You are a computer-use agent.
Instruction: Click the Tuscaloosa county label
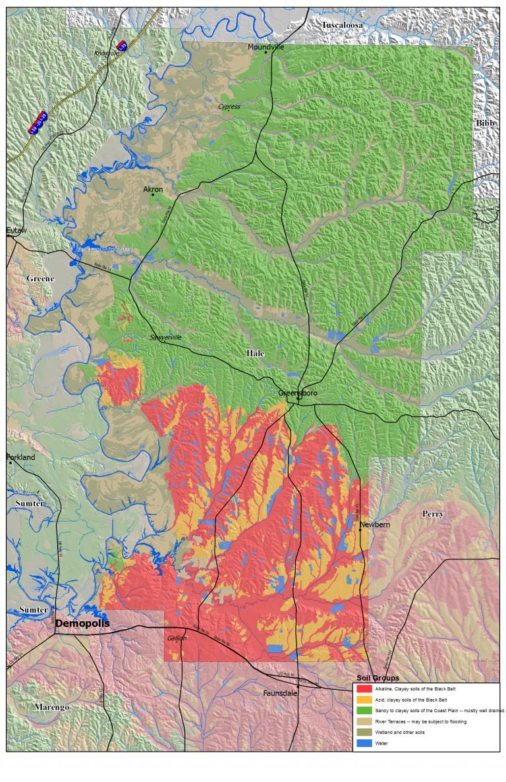(x=342, y=25)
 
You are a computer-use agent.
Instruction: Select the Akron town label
(x=153, y=190)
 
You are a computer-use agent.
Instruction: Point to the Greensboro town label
(x=297, y=393)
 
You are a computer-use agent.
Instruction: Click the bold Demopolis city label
(x=82, y=623)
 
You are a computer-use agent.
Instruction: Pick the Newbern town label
(x=374, y=524)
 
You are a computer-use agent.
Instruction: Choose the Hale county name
(x=255, y=354)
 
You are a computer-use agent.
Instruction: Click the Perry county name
(x=433, y=514)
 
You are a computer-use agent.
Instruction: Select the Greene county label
(x=40, y=279)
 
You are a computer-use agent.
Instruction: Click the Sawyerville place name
(x=165, y=337)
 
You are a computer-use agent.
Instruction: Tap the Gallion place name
(x=177, y=638)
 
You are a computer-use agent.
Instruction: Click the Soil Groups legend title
(x=378, y=678)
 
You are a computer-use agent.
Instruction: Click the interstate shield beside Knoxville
(x=121, y=45)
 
